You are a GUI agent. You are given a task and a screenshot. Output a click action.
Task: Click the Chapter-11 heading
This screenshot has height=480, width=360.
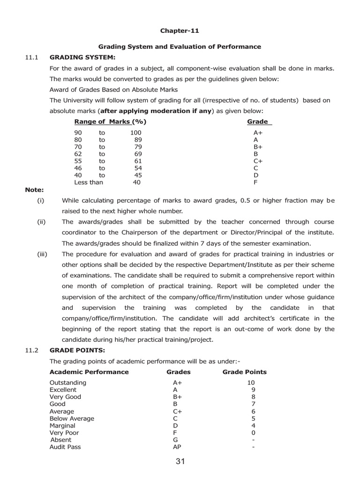pos(180,31)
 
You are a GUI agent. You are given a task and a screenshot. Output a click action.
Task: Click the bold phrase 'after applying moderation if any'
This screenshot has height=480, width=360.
pos(156,111)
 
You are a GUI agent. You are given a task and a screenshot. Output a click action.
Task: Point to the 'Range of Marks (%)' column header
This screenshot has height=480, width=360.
pos(110,122)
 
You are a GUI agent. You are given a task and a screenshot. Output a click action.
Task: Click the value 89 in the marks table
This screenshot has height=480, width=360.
pos(137,140)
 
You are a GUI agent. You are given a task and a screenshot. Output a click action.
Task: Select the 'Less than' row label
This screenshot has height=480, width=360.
pos(89,182)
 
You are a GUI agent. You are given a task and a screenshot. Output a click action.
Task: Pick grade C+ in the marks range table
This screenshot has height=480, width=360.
pos(258,161)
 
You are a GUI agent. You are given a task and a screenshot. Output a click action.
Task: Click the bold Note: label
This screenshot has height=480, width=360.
pos(34,190)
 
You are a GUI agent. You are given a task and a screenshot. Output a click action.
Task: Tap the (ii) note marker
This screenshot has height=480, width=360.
pos(41,222)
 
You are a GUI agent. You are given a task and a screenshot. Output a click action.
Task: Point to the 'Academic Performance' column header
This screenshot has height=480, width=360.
pos(89,372)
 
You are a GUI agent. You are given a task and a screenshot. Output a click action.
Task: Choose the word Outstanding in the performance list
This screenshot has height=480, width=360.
pos(68,382)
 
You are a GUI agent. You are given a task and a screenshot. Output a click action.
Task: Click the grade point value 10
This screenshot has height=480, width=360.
pos(251,382)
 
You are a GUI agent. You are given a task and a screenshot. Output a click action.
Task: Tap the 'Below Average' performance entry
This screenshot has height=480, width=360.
pos(72,418)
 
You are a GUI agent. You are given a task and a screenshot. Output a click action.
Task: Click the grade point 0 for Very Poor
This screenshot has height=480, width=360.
pos(253,433)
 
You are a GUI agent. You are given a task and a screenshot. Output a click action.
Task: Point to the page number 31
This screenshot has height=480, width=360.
pos(180,462)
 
